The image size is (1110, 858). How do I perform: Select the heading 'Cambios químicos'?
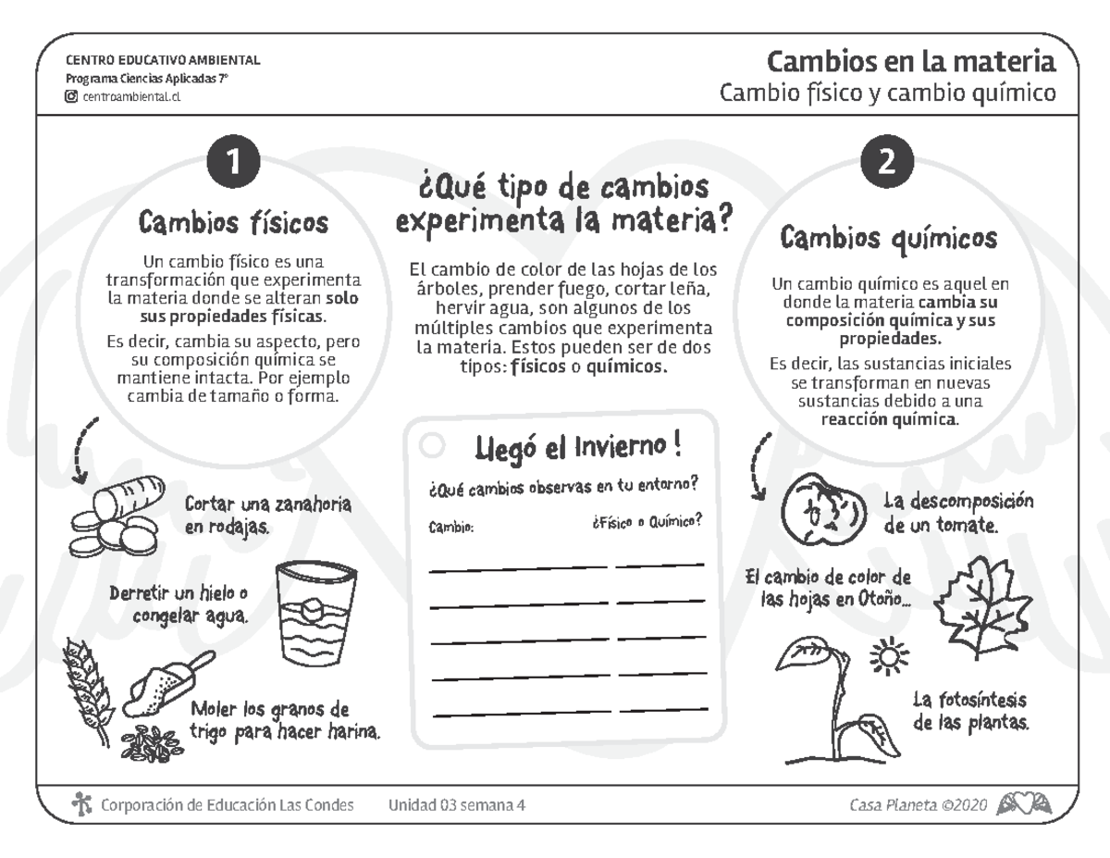coord(888,239)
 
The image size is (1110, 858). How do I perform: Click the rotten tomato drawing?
coord(824,511)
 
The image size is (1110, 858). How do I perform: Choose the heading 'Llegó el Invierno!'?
coord(578,449)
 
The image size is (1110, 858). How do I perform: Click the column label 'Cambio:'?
coord(450,528)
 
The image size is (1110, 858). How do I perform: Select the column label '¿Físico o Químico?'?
coord(646,522)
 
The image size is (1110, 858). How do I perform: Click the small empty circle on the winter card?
coord(432,445)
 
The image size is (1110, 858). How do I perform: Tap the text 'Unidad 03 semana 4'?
coord(457,805)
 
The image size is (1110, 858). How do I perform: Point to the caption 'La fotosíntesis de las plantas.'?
coord(969,710)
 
